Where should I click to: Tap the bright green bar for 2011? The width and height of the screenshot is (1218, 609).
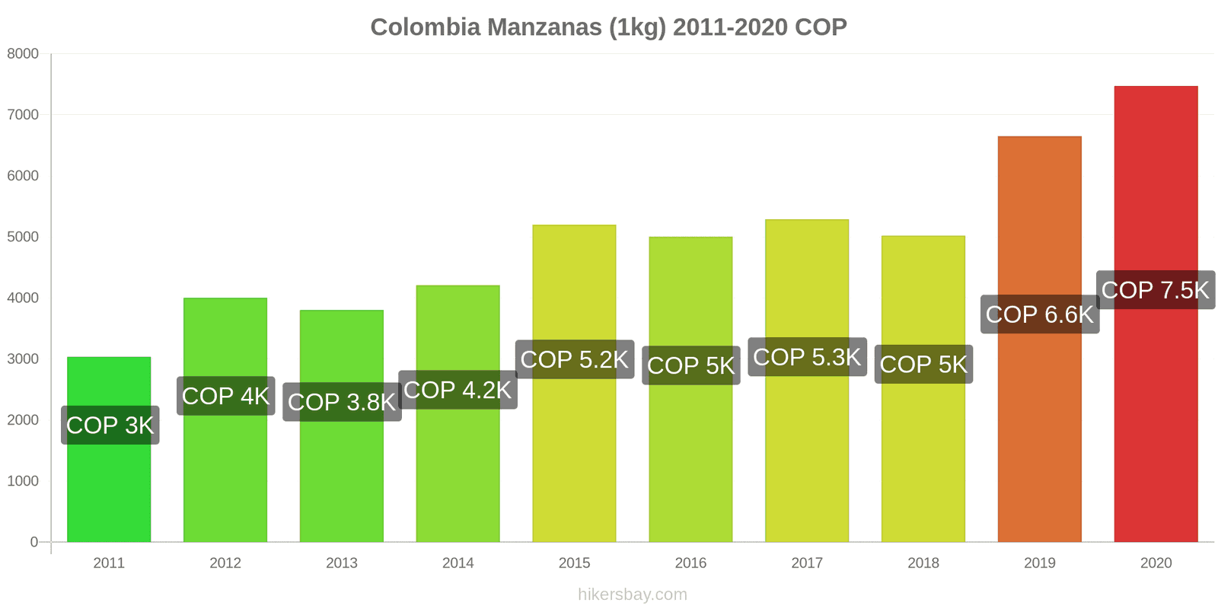point(109,487)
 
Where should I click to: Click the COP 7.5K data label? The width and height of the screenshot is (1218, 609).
point(1155,290)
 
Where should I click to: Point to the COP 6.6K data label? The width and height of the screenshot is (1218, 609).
point(1039,314)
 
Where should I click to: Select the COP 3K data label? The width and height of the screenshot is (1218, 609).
point(110,425)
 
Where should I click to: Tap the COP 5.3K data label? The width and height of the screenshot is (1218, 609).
point(807,357)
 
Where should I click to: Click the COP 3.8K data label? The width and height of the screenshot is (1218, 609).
point(342,402)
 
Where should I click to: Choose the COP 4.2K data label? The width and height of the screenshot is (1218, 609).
point(458,390)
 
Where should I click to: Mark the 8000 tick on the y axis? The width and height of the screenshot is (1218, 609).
point(23,54)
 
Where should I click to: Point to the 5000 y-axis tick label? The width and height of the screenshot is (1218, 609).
point(23,237)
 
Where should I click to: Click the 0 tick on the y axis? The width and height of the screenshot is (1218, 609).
point(33,542)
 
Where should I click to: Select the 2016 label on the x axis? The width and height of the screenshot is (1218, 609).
point(690,563)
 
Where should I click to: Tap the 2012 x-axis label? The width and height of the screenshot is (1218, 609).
point(225,563)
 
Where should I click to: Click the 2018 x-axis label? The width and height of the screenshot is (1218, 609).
point(923,563)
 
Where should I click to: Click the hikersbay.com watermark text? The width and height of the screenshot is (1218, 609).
point(632,595)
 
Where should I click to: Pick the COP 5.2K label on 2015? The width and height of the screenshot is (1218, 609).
point(575,359)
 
